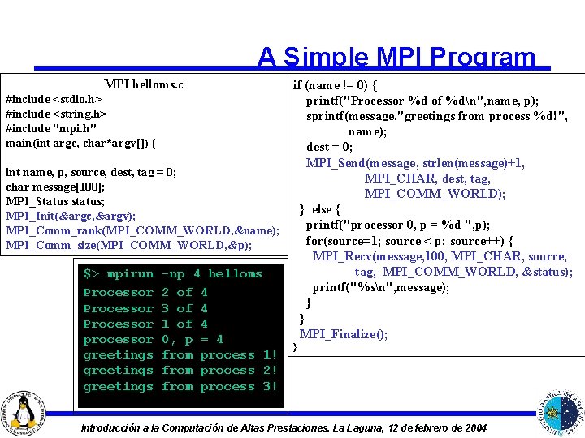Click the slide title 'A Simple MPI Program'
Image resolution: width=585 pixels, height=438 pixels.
click(396, 58)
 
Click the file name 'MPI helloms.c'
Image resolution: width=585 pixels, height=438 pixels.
click(143, 84)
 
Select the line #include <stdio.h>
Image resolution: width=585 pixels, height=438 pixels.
click(54, 99)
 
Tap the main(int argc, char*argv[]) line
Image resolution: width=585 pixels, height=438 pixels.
click(80, 143)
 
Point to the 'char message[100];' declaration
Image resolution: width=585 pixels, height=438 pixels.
click(55, 187)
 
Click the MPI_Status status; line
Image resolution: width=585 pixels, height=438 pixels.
click(55, 201)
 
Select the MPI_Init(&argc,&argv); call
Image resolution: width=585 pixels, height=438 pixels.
click(71, 216)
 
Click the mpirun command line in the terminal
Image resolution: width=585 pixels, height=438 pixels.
click(172, 274)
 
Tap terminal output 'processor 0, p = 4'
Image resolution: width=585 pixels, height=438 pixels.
click(153, 339)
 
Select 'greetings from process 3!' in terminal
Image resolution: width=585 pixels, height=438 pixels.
click(180, 386)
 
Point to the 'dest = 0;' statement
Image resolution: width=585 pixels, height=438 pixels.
click(329, 147)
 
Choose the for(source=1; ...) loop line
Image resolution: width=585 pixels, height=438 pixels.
click(409, 241)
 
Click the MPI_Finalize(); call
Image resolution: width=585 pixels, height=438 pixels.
click(344, 334)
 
